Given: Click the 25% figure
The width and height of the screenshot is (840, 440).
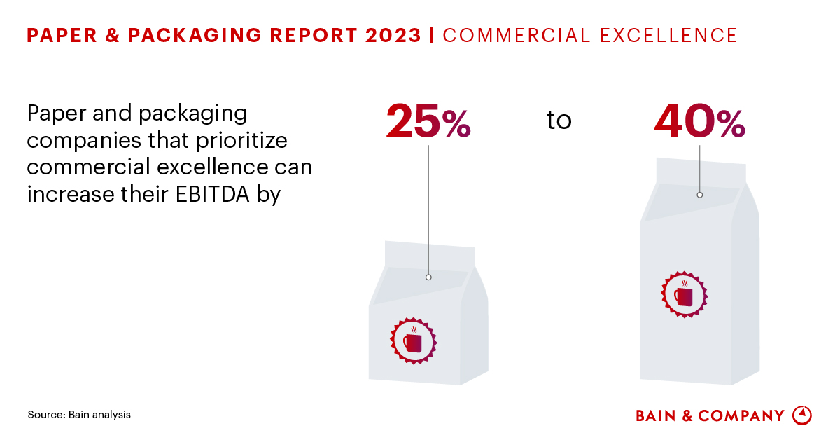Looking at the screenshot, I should [428, 121].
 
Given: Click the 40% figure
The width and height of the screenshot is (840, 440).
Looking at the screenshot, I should [699, 121].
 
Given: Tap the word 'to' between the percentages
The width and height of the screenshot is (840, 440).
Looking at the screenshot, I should [559, 121].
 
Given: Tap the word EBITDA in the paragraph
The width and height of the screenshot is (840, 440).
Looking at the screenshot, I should [221, 194].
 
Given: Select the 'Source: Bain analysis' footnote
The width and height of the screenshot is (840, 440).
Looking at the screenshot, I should [79, 415].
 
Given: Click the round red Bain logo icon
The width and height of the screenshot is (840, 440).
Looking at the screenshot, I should [801, 415].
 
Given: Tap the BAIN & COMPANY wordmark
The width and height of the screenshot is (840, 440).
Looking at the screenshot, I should [710, 415].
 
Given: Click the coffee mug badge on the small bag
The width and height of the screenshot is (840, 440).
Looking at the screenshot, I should [413, 341].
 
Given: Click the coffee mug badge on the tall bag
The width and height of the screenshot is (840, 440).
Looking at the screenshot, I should [684, 294].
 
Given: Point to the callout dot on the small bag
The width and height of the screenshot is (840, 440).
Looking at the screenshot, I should [428, 277].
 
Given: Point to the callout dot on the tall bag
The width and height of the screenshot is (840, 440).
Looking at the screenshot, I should [699, 195].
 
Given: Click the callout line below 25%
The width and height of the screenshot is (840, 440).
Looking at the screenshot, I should [428, 210].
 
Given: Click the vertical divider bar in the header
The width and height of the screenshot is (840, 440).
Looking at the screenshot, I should [432, 35].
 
